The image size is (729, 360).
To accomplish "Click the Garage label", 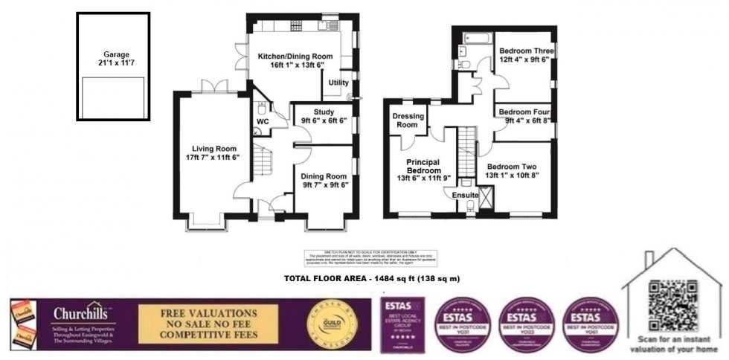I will click(116, 54).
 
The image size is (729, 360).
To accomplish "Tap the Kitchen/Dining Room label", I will click(292, 57).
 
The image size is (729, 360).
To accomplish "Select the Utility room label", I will click(338, 83).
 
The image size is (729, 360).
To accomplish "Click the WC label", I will click(262, 120).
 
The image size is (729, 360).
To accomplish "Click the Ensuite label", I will click(465, 195).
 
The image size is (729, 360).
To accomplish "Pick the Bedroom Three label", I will click(524, 51).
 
